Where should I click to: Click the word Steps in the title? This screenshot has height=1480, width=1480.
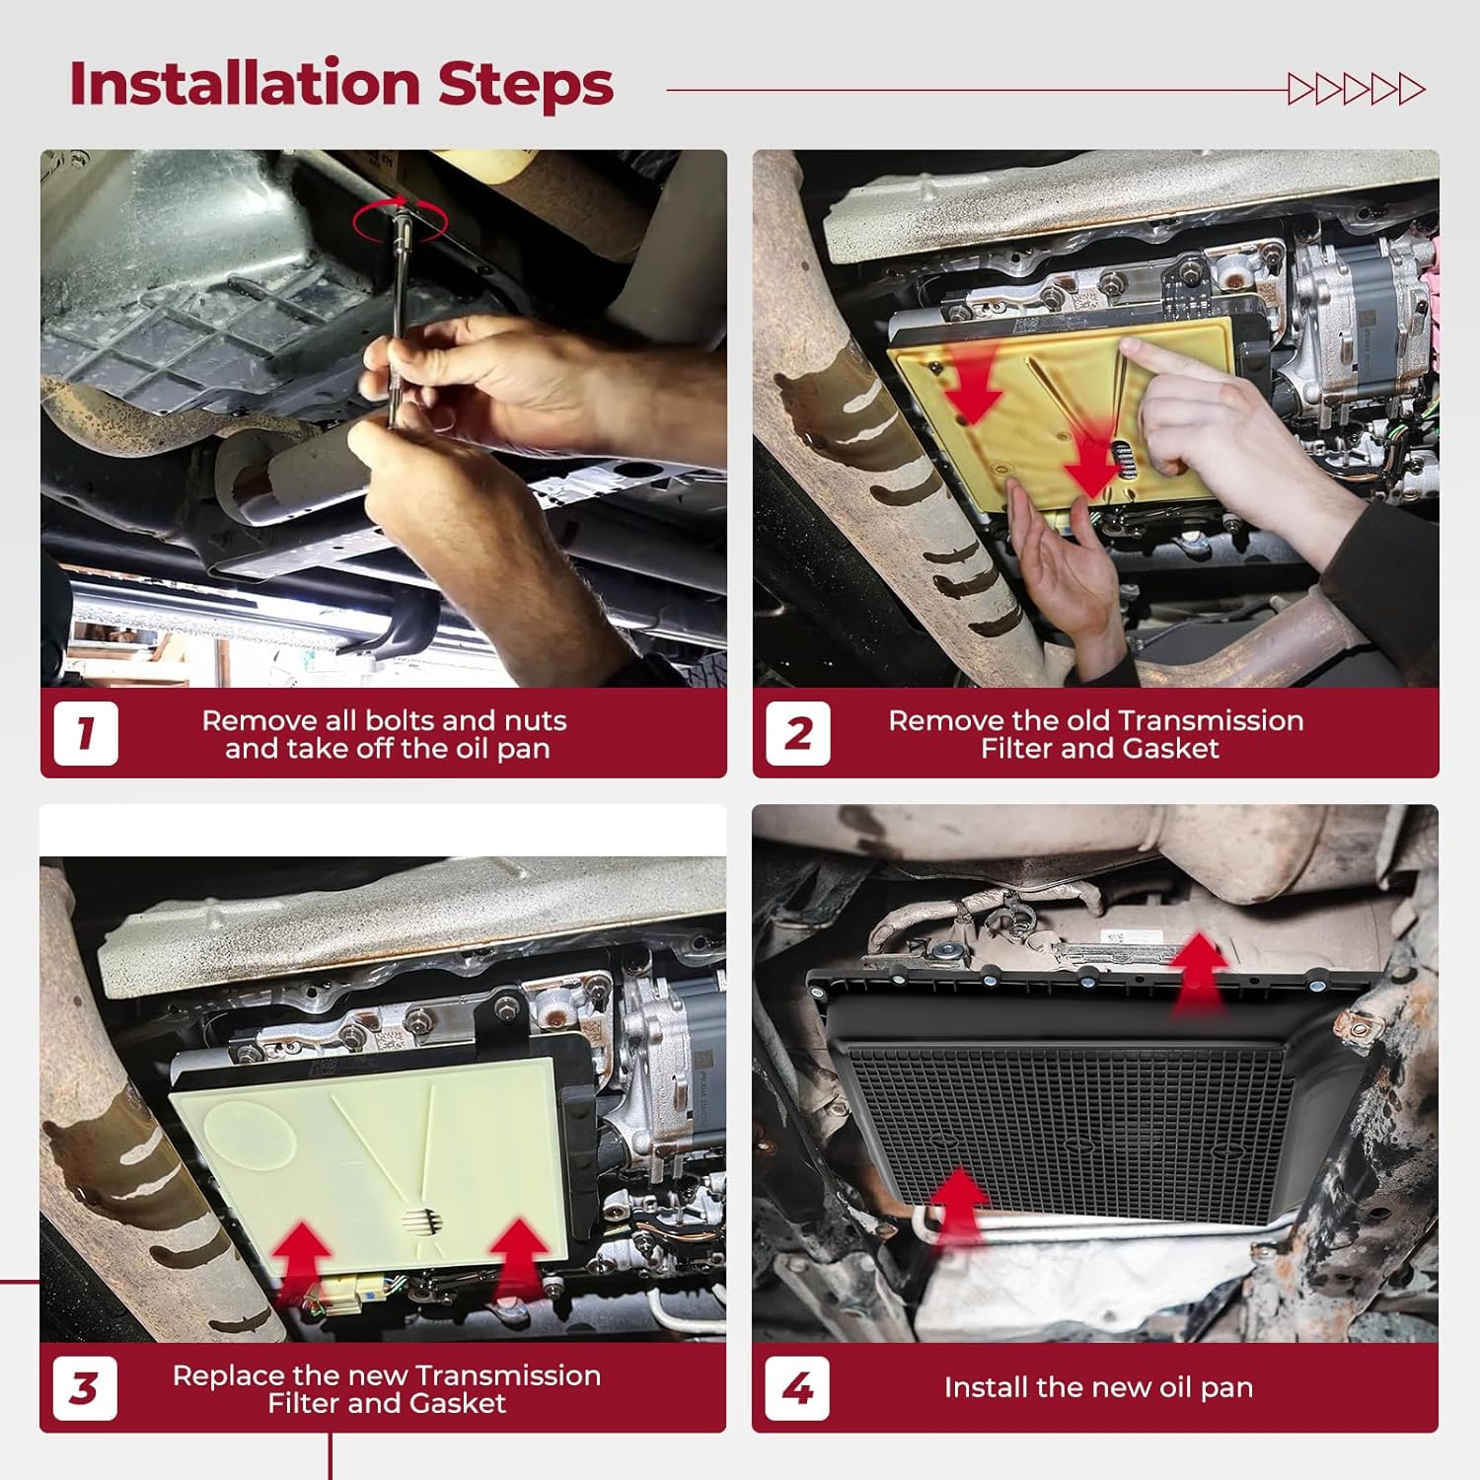[526, 85]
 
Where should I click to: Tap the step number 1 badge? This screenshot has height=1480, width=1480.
[86, 733]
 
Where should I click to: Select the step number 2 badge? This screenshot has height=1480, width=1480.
[797, 733]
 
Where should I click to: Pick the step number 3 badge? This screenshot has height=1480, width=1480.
[85, 1388]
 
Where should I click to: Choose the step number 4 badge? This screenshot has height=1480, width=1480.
[797, 1388]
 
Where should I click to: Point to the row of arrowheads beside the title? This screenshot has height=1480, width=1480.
[1357, 90]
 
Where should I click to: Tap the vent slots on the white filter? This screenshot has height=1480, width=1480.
[421, 1221]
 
